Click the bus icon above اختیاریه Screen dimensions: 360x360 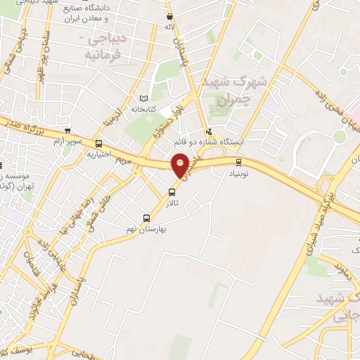(x=98, y=143)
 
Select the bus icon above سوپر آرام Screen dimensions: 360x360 (x=67, y=130)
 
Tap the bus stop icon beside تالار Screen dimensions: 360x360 (x=172, y=192)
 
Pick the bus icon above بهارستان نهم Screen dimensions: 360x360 (x=146, y=217)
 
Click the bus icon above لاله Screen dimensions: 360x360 (x=169, y=15)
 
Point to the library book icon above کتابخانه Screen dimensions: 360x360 (x=144, y=98)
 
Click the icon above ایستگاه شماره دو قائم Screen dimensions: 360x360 (x=208, y=131)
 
